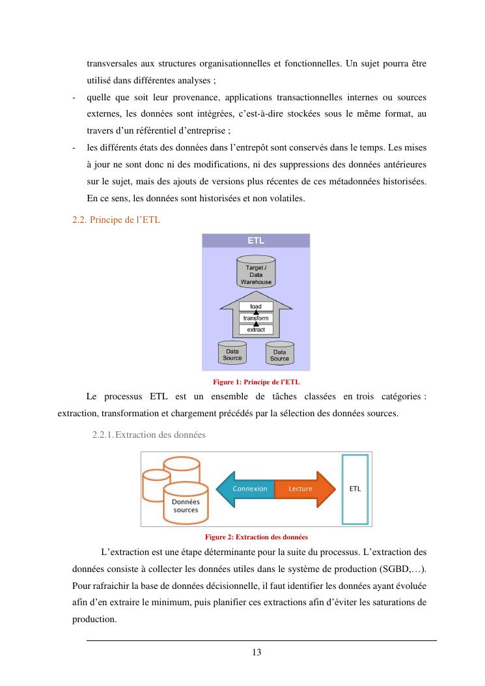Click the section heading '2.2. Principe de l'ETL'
pyautogui.click(x=116, y=220)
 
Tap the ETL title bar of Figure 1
pyautogui.click(x=256, y=240)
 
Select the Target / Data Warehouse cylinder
pyautogui.click(x=256, y=274)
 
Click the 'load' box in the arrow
pyautogui.click(x=256, y=307)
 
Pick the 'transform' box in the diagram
pyautogui.click(x=256, y=318)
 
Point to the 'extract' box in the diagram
pyautogui.click(x=256, y=330)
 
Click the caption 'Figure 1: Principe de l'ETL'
pyautogui.click(x=256, y=382)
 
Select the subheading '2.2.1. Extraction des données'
pyautogui.click(x=149, y=435)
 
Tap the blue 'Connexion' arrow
pyautogui.click(x=247, y=489)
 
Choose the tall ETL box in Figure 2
pyautogui.click(x=355, y=489)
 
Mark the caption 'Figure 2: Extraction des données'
pyautogui.click(x=256, y=537)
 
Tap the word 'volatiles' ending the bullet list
pyautogui.click(x=287, y=198)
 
